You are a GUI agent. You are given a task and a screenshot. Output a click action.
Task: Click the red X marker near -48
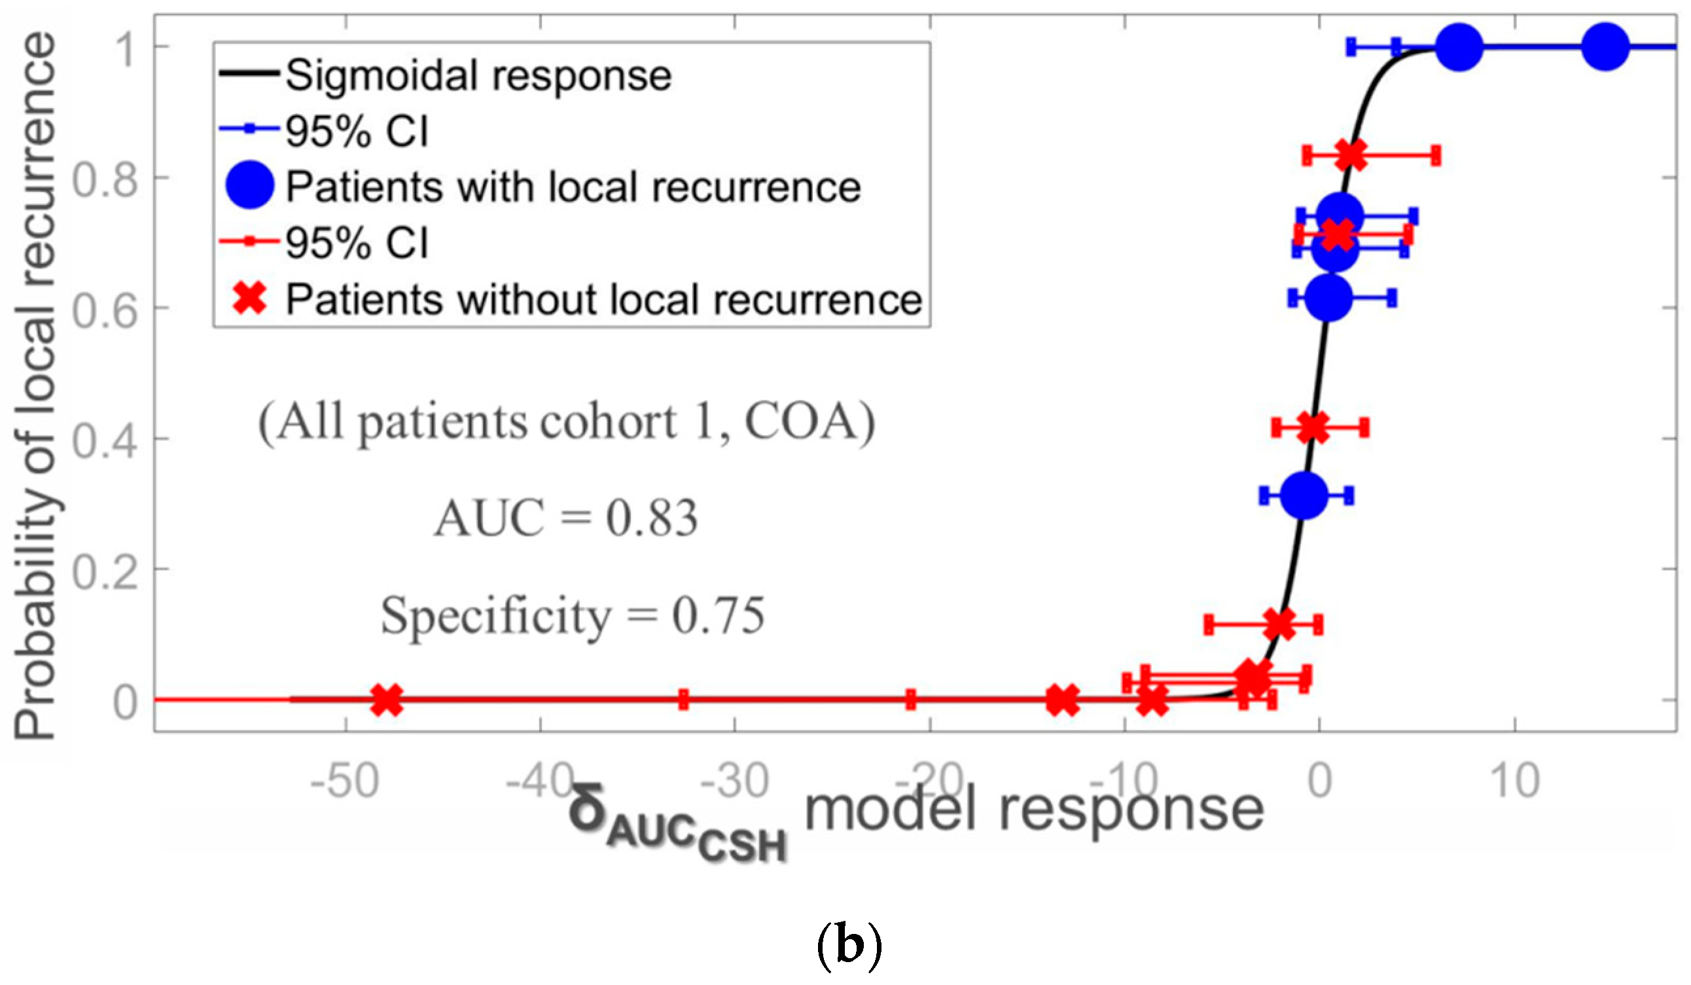pyautogui.click(x=387, y=700)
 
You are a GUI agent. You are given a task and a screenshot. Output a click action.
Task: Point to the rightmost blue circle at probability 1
pyautogui.click(x=1605, y=46)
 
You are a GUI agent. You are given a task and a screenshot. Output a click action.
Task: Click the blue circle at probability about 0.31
pyautogui.click(x=1304, y=496)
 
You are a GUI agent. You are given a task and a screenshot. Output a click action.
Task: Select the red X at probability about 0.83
pyautogui.click(x=1351, y=156)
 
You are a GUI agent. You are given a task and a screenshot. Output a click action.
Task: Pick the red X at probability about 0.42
pyautogui.click(x=1313, y=427)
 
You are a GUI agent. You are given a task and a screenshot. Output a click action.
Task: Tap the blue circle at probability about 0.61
pyautogui.click(x=1328, y=298)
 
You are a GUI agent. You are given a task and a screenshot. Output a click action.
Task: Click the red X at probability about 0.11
pyautogui.click(x=1279, y=624)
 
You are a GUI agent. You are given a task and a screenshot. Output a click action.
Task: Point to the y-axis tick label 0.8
pyautogui.click(x=105, y=180)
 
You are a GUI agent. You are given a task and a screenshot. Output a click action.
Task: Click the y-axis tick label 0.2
pyautogui.click(x=105, y=571)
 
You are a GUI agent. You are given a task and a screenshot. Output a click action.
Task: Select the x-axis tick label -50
pyautogui.click(x=345, y=781)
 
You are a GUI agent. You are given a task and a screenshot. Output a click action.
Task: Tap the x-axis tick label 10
pyautogui.click(x=1514, y=781)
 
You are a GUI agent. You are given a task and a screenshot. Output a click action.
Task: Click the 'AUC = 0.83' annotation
pyautogui.click(x=565, y=518)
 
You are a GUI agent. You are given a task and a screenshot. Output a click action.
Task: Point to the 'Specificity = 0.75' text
pyautogui.click(x=573, y=615)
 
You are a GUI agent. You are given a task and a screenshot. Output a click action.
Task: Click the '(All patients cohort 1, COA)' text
pyautogui.click(x=567, y=423)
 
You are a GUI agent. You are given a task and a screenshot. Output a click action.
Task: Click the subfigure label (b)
pyautogui.click(x=848, y=944)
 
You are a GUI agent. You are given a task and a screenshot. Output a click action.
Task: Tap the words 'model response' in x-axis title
pyautogui.click(x=1033, y=810)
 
